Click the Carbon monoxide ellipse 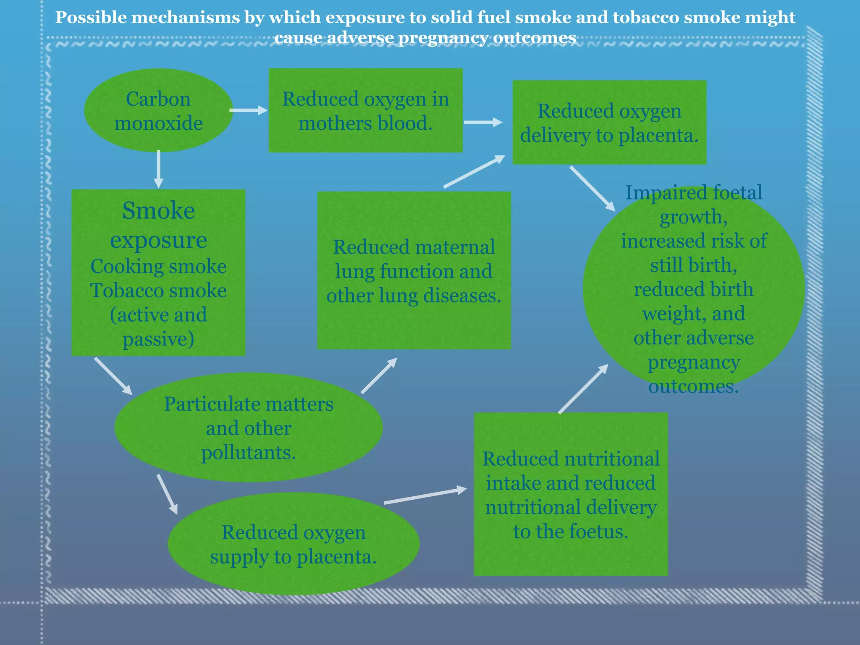point(158,111)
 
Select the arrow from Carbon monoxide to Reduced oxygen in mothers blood point(248,110)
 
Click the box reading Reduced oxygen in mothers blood point(365,110)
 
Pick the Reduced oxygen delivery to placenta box point(609,123)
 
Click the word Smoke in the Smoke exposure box point(158,211)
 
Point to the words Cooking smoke point(158,267)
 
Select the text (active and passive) point(158,327)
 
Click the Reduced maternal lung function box point(414,271)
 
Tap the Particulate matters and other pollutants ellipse point(249,427)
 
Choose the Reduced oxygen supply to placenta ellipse point(293,544)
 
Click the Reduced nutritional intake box point(571,495)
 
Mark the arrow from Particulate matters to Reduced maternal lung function point(379,376)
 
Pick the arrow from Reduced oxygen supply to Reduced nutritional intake point(425,496)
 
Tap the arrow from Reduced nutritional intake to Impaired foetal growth point(583,389)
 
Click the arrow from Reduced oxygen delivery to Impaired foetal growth point(592,189)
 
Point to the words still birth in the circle point(693,265)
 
